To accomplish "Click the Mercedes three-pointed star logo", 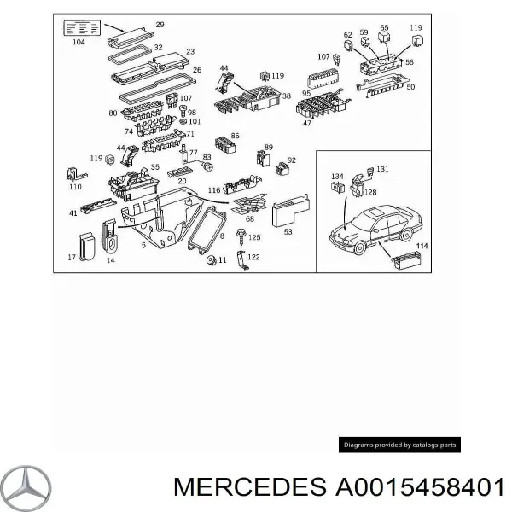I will pos(26,489).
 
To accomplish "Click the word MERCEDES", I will pos(242,488).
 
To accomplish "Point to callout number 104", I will pos(79,41).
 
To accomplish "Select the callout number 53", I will pos(288,230).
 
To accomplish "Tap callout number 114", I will pos(421,247).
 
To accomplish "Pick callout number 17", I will pos(72,256).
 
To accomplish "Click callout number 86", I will pos(235,137).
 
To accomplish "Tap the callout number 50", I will pos(410,87).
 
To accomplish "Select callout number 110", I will pos(75,186).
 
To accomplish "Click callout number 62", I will pos(347,35).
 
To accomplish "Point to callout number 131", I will pos(382,169).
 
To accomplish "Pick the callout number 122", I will pos(254,257).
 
